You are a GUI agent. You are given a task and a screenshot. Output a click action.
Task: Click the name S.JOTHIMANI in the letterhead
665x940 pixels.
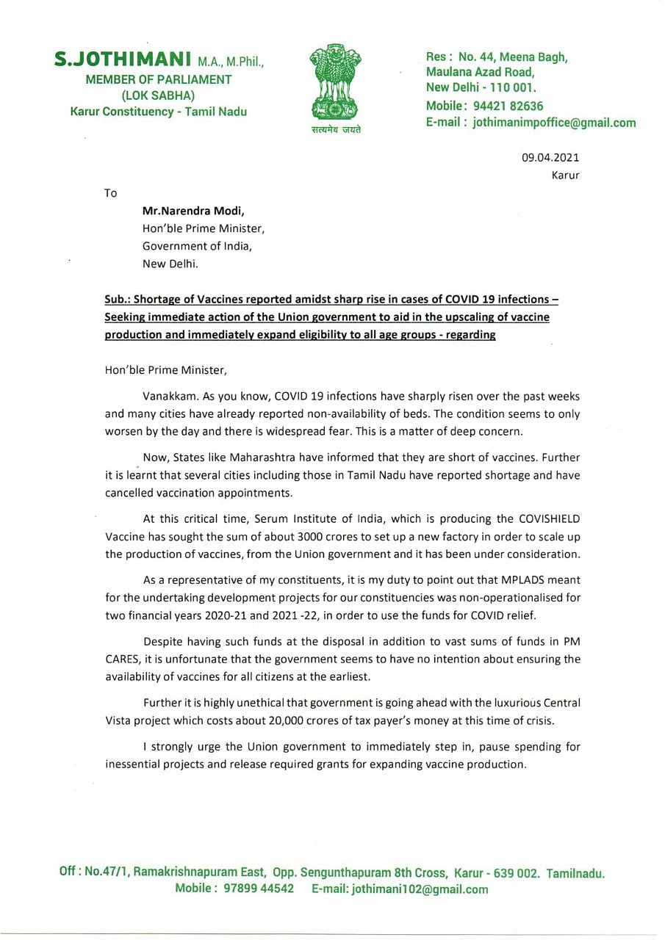pos(123,59)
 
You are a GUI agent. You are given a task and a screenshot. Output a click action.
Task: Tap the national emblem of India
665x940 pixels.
pos(335,85)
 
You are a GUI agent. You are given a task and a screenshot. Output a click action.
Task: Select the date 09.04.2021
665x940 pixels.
pos(550,157)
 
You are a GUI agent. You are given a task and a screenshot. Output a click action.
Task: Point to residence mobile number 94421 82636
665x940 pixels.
pos(507,106)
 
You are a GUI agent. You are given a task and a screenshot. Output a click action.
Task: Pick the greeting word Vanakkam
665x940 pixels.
pos(169,397)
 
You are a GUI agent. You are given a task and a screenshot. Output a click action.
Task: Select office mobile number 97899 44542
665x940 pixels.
pos(258,889)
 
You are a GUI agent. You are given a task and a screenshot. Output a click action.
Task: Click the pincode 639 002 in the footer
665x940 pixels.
pos(514,873)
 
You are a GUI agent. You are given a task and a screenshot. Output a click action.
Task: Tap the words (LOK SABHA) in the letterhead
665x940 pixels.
pos(159,95)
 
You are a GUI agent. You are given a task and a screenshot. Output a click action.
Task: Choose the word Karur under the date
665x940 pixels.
pos(565,176)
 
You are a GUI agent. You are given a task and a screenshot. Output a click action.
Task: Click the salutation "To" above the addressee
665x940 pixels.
pos(111,193)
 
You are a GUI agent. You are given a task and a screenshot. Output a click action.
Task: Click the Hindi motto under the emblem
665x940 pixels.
pos(336,130)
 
